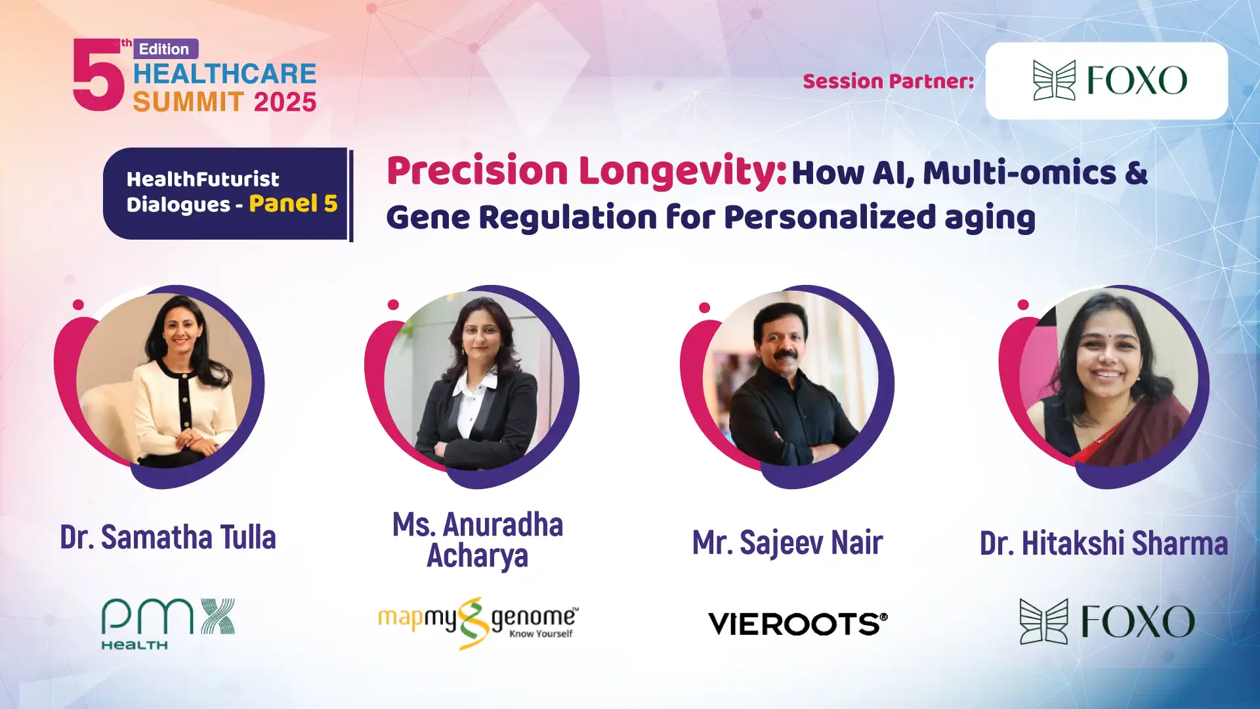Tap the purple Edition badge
166,49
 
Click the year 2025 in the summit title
285,102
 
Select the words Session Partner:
889,81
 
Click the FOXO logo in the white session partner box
1110,80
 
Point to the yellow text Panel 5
293,204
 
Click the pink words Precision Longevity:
587,171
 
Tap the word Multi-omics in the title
1020,173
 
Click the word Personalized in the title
829,217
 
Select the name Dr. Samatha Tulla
168,537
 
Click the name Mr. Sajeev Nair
787,542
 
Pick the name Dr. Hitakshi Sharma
1104,544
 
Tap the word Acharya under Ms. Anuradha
478,556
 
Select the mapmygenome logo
478,623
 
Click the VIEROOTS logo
798,624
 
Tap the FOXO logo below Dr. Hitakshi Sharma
1107,621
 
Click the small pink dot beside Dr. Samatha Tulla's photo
78,305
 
